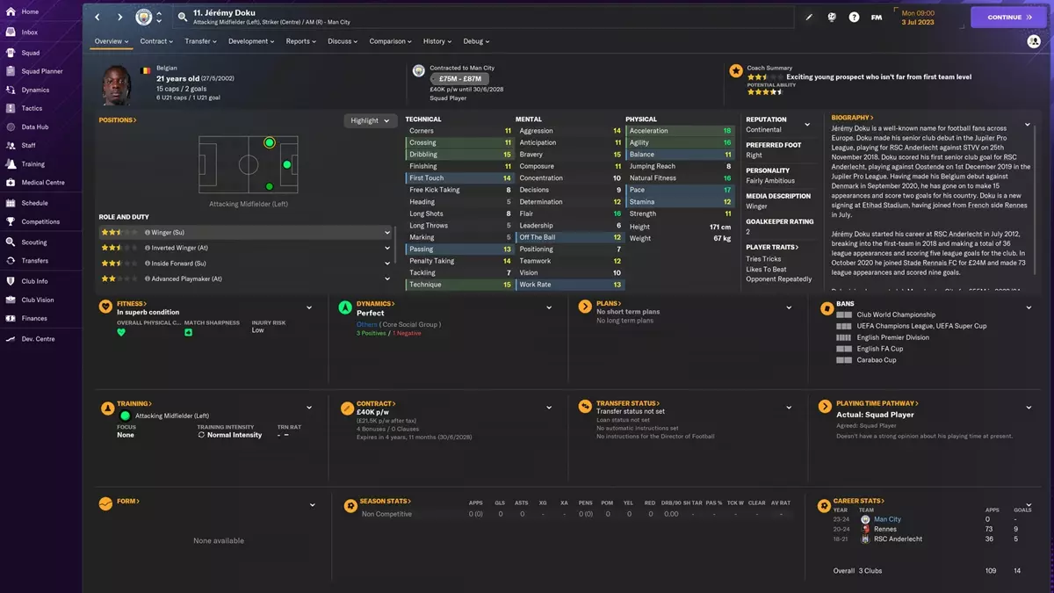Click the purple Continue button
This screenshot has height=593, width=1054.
click(1008, 17)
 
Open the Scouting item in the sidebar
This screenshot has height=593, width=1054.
click(34, 242)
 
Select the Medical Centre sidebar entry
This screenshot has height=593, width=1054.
click(42, 183)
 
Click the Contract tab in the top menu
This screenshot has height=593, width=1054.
click(156, 41)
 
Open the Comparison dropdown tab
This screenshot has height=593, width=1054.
click(391, 41)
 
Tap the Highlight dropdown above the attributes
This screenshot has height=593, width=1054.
click(370, 120)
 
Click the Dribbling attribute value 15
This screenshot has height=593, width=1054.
click(508, 155)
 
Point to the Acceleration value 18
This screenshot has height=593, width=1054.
click(727, 131)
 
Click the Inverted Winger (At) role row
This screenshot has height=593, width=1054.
click(245, 248)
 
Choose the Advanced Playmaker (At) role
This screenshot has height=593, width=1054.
click(245, 278)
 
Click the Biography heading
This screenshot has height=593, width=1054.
click(850, 118)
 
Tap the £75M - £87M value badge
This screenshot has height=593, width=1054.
click(459, 79)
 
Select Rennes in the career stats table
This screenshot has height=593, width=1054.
click(885, 529)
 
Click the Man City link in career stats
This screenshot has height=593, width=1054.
click(887, 519)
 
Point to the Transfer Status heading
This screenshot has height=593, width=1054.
click(627, 404)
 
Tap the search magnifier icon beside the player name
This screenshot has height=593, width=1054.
click(181, 17)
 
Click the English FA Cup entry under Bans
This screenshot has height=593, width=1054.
click(879, 349)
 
